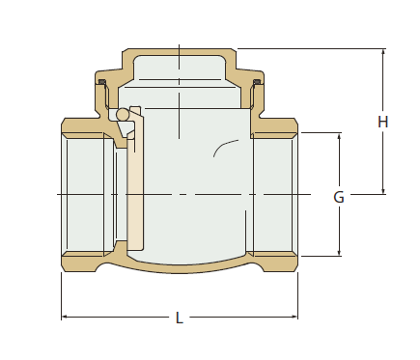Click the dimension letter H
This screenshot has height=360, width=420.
click(x=383, y=122)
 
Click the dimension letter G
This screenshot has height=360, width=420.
click(x=339, y=197)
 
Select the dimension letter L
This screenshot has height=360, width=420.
click(x=179, y=318)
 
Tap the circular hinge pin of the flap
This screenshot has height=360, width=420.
click(x=122, y=116)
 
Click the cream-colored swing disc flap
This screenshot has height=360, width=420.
click(x=135, y=183)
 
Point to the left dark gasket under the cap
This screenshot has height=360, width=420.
click(x=101, y=82)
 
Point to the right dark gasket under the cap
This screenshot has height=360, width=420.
click(x=257, y=82)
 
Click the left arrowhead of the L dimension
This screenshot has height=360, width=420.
click(x=66, y=317)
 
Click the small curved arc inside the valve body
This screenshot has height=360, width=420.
click(x=224, y=148)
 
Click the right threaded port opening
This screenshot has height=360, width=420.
click(x=273, y=193)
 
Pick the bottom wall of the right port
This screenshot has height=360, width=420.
click(x=275, y=262)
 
